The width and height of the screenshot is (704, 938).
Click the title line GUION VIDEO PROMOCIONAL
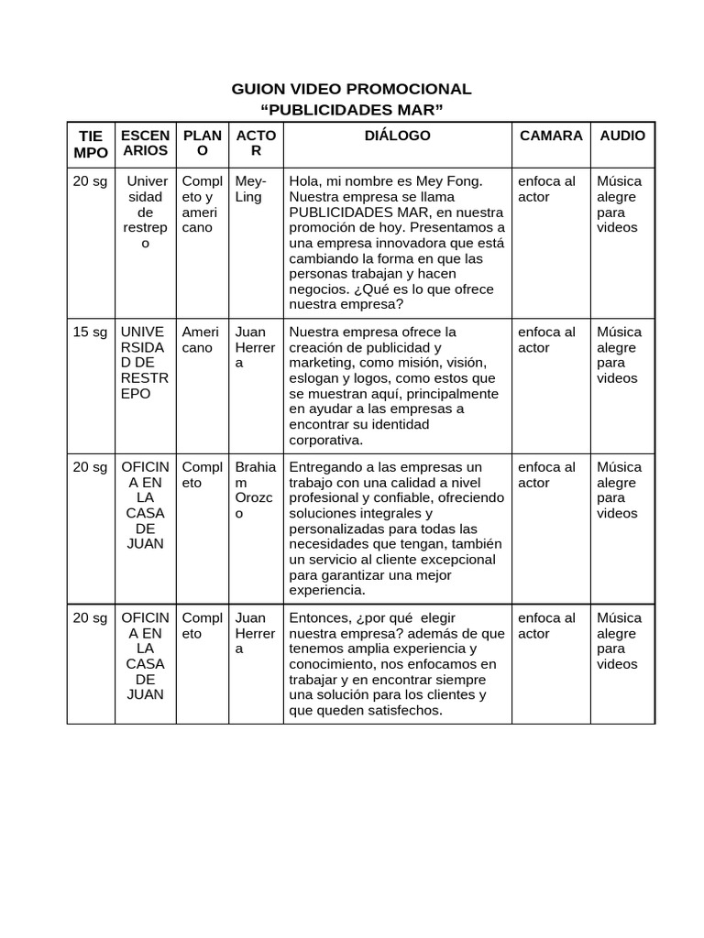point(352,89)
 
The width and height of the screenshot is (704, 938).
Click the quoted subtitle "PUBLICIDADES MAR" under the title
point(352,111)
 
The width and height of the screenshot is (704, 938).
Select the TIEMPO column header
point(91,144)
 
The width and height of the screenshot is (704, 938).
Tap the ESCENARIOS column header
point(145,143)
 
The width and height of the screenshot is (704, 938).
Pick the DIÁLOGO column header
point(397,136)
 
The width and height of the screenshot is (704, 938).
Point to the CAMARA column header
point(550,136)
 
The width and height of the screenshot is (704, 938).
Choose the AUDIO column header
point(621,136)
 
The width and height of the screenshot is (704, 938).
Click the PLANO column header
point(202,143)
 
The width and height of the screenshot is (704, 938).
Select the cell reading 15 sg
point(91,332)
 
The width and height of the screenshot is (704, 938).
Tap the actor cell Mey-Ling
point(250,189)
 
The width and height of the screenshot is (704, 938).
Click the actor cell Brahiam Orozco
point(255,490)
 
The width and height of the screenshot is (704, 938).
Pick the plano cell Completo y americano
point(202,204)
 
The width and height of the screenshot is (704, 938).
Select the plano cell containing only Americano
point(201,340)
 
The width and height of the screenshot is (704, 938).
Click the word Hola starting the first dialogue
point(304,181)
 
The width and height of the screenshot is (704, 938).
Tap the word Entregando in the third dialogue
point(325,467)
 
